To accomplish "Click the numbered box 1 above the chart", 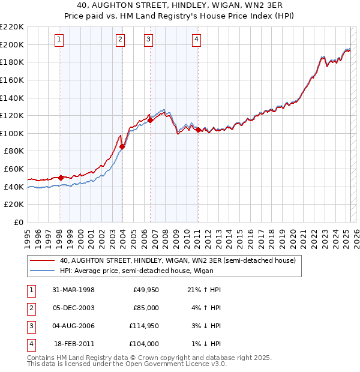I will coord(60,40).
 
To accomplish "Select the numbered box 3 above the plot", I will coord(148,40).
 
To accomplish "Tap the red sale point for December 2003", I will coord(122,146).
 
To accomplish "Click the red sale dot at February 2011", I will coord(198,129).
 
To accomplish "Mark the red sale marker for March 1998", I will coord(61,178).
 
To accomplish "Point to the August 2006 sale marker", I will coord(151,119).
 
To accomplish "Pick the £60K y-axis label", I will coord(14,169).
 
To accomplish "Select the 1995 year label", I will coord(28,235).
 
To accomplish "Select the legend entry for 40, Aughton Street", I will coord(178,261).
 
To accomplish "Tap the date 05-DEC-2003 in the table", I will coord(73,307).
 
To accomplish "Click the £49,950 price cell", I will coord(145,289).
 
